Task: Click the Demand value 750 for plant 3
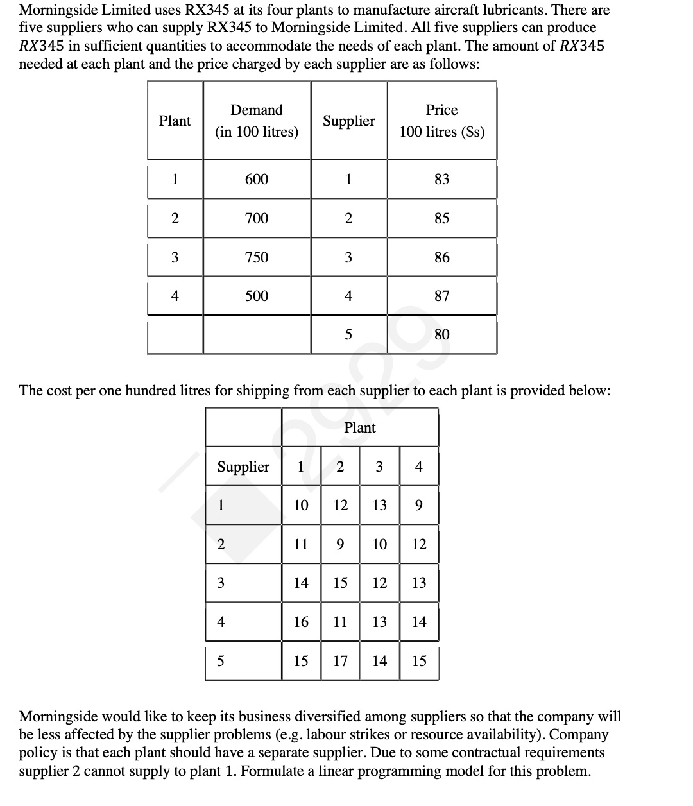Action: [257, 257]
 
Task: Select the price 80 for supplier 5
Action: [441, 334]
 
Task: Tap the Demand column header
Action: [257, 120]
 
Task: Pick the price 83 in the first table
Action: [441, 179]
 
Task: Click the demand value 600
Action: [257, 179]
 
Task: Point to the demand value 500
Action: [257, 296]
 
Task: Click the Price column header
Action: [441, 120]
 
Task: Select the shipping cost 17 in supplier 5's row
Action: [340, 660]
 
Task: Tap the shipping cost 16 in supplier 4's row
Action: [301, 621]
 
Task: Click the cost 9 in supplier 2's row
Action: [340, 544]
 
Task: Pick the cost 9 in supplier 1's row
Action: [418, 506]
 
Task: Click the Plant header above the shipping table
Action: [359, 427]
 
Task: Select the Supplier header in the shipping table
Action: [243, 467]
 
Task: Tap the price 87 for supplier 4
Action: [441, 296]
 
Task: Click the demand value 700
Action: [257, 218]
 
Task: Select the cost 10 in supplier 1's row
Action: [301, 506]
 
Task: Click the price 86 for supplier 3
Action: [441, 257]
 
